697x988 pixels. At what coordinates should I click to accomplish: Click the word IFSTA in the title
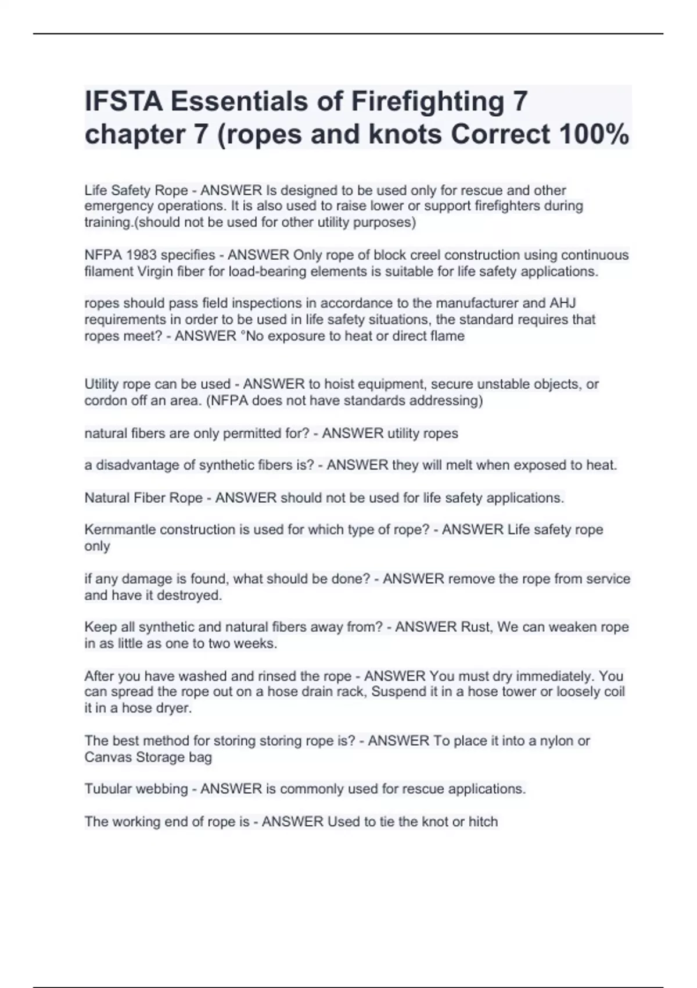point(123,101)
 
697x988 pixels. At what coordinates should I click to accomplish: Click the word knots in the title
point(406,134)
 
